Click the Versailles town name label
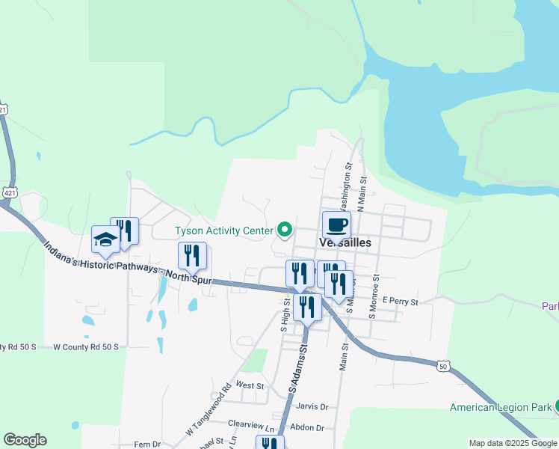[345, 243]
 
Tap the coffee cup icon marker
[336, 224]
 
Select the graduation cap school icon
[105, 239]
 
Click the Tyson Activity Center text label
[223, 230]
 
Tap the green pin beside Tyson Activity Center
[284, 229]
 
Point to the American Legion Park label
[499, 408]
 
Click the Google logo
[25, 440]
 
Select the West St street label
[250, 385]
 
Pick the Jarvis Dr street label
[312, 406]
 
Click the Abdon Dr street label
[309, 428]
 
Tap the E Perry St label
[399, 301]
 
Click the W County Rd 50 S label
[87, 347]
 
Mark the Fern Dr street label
[146, 445]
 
